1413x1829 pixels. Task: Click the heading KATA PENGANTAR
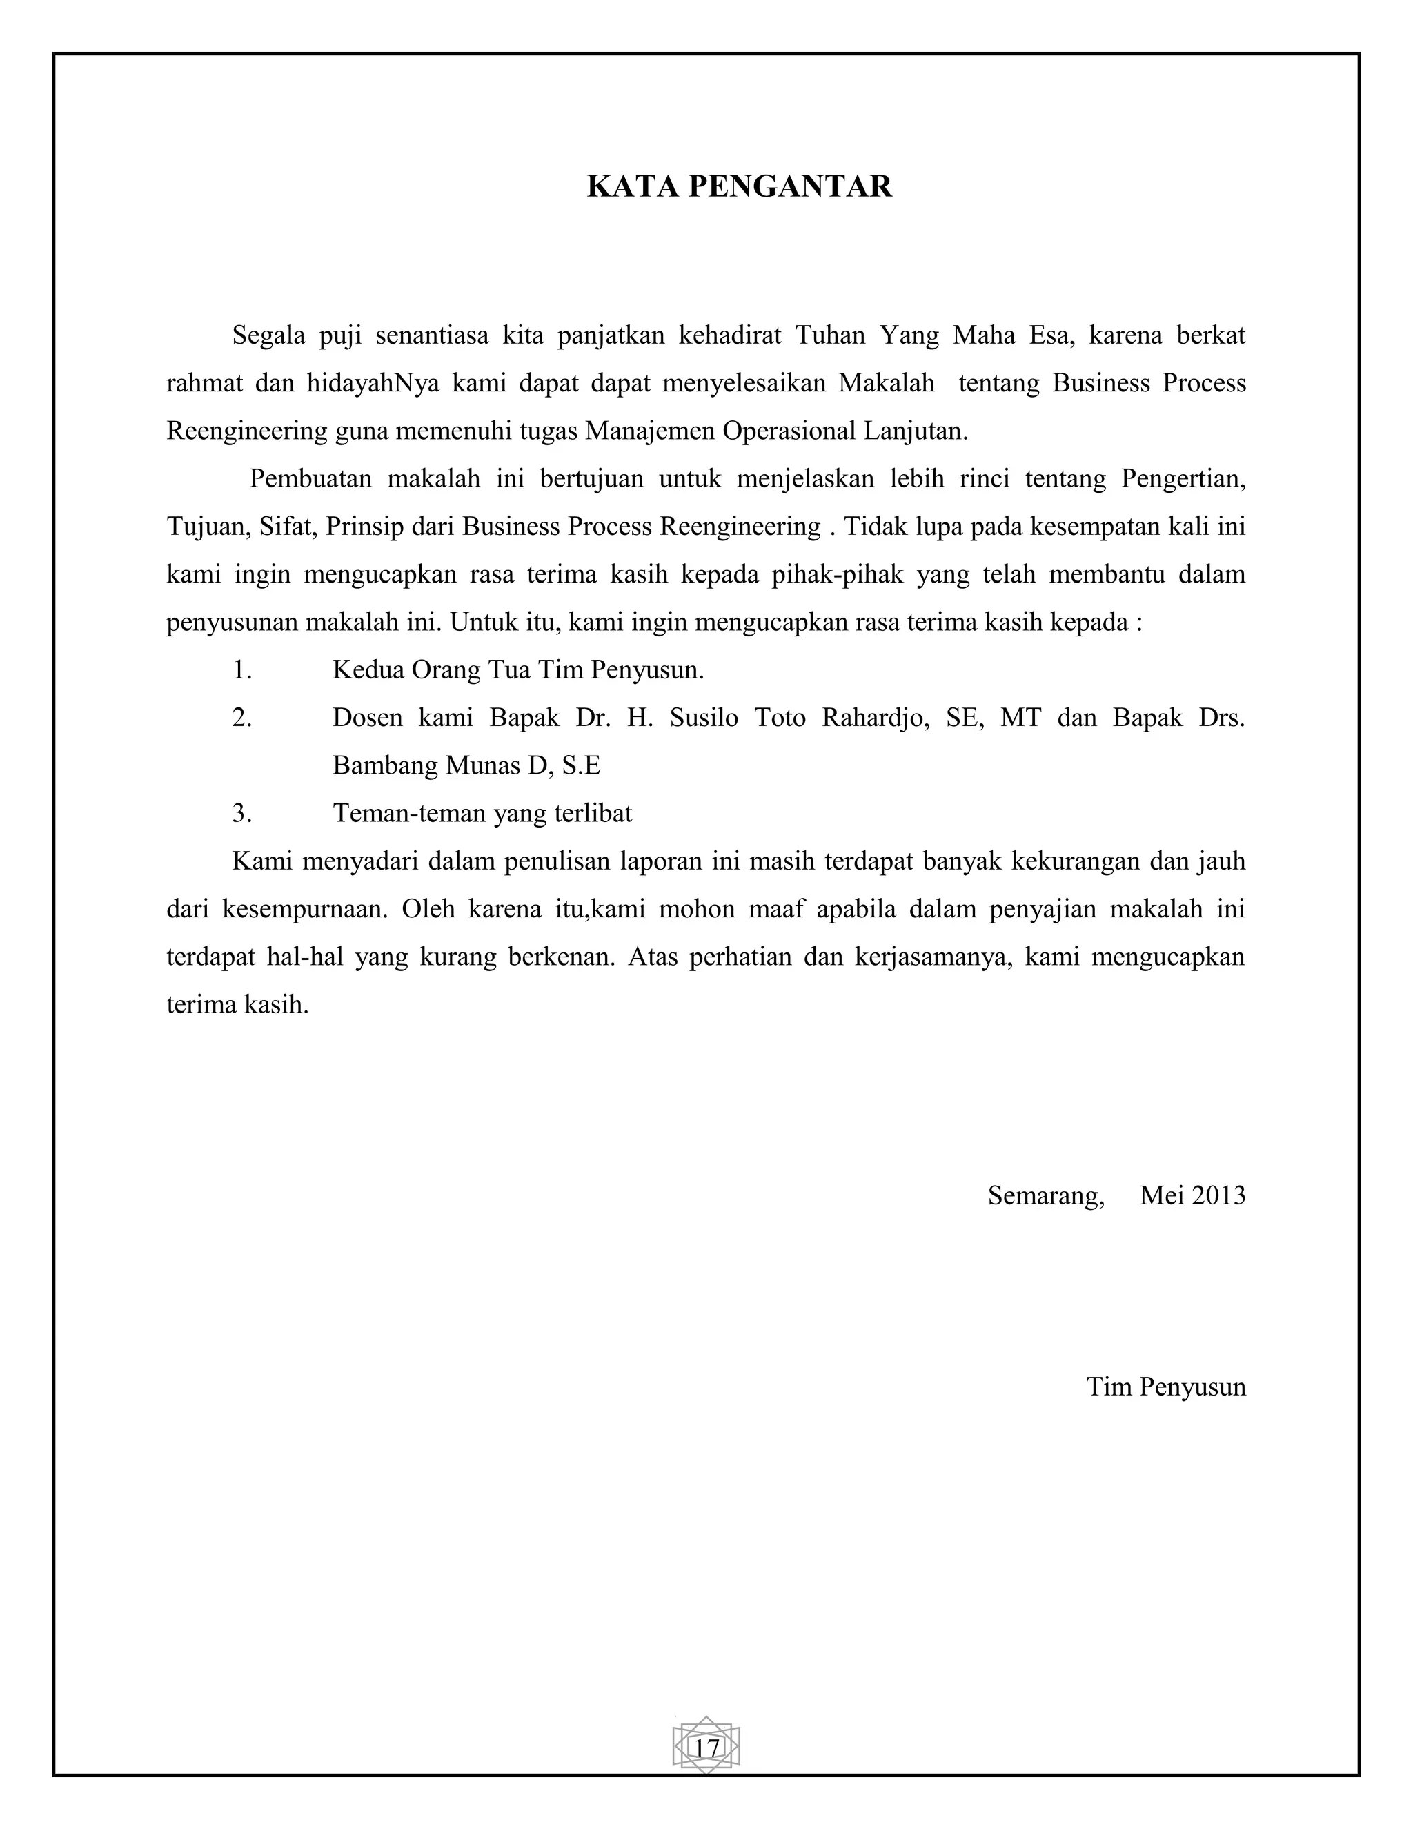coord(739,186)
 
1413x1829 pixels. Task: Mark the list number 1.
coord(242,670)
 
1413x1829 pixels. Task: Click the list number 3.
coord(242,813)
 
